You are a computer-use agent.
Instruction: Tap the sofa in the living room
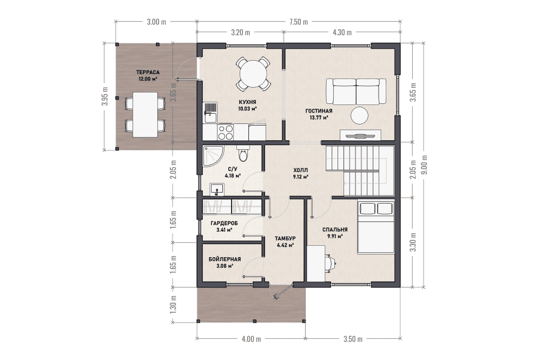tap(356, 91)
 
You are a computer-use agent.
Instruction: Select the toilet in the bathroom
tap(243, 153)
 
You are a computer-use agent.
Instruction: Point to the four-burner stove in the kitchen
tap(226, 132)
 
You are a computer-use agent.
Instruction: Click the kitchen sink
tap(210, 113)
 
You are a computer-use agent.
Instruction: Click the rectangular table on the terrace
tap(145, 114)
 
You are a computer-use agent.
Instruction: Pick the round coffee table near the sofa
tap(360, 115)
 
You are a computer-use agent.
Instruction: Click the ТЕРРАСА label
tap(148, 73)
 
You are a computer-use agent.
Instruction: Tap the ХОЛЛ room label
tap(300, 170)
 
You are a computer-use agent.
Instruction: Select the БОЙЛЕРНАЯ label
tap(225, 259)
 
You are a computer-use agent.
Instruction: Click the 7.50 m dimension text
tap(299, 22)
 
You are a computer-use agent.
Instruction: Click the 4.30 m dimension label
tap(342, 32)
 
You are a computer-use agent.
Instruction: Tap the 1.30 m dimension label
tap(173, 304)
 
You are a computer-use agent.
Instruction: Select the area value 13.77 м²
tap(319, 117)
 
